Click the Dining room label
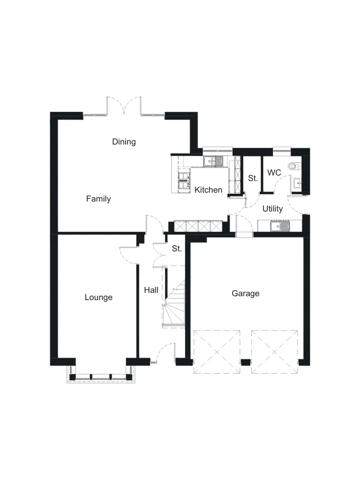124,142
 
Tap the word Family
98,199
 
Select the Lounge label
99,297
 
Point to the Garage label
245,293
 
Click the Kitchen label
208,190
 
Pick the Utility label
272,209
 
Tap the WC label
274,173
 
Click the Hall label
151,290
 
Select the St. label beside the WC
253,178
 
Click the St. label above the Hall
177,249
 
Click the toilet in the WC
295,166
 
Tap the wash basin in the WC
297,183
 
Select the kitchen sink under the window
213,161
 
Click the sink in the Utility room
280,226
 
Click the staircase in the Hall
174,303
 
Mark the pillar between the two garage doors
245,363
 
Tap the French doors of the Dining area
124,106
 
